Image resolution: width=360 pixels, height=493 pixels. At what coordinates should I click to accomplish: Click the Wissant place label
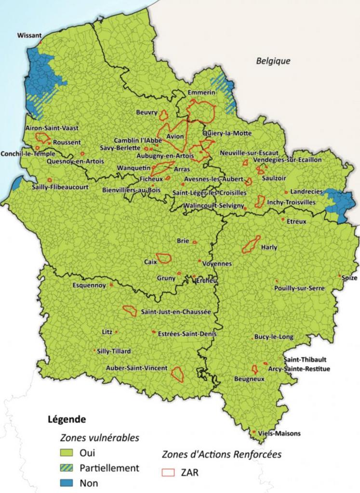(x=29, y=35)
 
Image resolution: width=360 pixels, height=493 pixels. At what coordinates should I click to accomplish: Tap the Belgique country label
(x=273, y=61)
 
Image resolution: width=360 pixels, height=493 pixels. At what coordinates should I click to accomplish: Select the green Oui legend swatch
(x=67, y=453)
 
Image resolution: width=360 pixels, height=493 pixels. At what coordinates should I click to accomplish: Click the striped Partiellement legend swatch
(x=67, y=467)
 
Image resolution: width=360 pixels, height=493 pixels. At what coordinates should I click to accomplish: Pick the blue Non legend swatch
(x=67, y=482)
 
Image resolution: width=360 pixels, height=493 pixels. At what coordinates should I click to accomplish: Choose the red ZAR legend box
(x=168, y=473)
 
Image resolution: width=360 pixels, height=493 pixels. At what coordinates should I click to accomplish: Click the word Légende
(x=67, y=419)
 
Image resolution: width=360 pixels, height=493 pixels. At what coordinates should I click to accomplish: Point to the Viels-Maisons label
(x=279, y=433)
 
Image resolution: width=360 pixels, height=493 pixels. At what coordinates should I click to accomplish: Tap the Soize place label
(x=349, y=278)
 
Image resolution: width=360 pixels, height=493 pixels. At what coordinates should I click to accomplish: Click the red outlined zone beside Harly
(x=251, y=245)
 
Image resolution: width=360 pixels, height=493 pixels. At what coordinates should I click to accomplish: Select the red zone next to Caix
(x=164, y=258)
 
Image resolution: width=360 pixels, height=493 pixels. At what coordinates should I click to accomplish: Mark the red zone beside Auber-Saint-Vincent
(x=177, y=374)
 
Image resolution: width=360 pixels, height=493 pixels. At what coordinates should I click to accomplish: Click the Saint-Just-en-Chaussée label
(x=176, y=312)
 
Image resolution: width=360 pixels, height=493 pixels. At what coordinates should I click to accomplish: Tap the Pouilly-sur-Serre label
(x=299, y=288)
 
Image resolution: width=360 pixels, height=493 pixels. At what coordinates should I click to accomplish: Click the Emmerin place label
(x=201, y=92)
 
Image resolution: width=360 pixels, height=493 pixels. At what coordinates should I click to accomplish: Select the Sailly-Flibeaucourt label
(x=60, y=187)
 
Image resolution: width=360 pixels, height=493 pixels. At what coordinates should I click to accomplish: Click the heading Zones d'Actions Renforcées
(x=222, y=454)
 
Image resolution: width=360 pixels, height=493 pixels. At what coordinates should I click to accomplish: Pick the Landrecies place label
(x=307, y=192)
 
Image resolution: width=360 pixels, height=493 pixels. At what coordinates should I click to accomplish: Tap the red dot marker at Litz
(x=116, y=332)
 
